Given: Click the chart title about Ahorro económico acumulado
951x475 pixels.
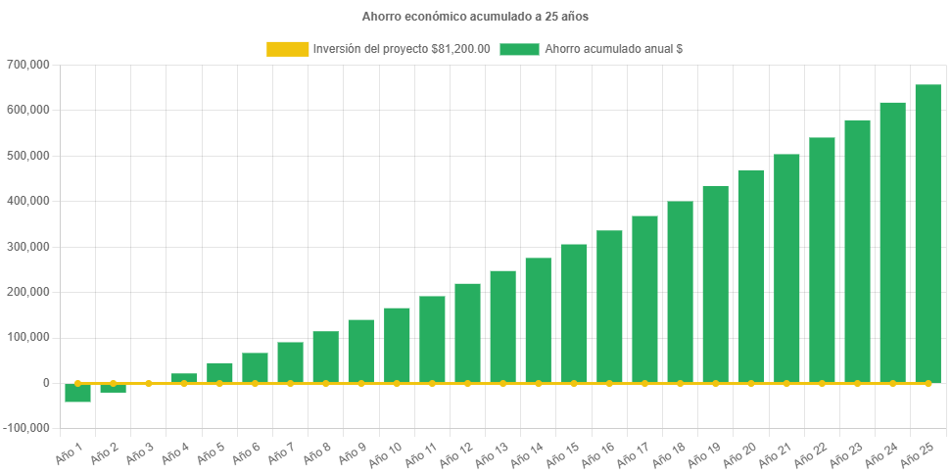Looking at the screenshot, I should coord(475,17).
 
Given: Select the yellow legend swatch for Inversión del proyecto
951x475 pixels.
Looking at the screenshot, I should coord(287,49).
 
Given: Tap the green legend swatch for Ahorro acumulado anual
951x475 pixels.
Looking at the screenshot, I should coord(519,49).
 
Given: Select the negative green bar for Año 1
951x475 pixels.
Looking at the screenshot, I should coord(77,394).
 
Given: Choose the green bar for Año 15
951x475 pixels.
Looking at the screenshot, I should coord(574,313).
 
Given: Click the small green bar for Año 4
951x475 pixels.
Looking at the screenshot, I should coord(184,378).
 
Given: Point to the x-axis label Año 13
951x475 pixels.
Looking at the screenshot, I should coord(491,454).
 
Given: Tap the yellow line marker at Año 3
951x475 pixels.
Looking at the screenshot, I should coord(148,383).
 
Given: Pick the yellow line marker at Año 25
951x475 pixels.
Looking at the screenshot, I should coord(927,383).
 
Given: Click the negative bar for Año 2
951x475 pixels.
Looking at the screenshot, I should coord(113,389).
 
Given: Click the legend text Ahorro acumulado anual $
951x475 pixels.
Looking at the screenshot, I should coord(613,49).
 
